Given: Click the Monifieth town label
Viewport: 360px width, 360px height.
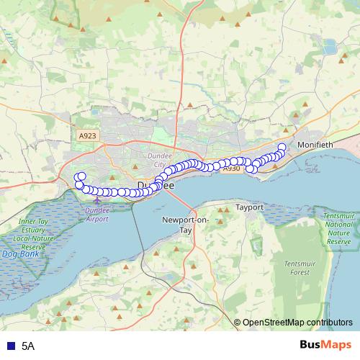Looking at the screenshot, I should [x=333, y=144].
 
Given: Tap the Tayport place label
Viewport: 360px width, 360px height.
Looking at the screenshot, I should [x=250, y=207].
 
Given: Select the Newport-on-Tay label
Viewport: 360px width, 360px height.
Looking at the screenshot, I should [x=176, y=223].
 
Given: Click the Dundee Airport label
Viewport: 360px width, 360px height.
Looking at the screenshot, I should [x=97, y=213].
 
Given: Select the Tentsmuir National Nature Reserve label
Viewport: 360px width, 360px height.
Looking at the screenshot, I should [x=338, y=229].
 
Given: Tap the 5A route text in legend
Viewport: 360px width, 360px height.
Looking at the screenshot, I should [x=28, y=346].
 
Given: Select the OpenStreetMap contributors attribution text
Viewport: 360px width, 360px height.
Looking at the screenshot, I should [x=297, y=322].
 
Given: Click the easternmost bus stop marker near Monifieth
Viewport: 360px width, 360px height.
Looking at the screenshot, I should [x=282, y=148].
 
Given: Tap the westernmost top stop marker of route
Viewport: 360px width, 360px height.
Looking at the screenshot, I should [x=81, y=177].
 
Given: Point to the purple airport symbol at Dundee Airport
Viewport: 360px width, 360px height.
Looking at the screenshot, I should [x=97, y=200].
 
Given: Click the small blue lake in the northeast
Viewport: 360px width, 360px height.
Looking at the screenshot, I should [x=330, y=48].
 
